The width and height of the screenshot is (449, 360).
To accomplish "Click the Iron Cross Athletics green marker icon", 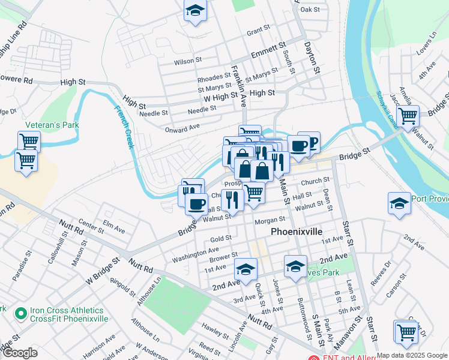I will [20, 313].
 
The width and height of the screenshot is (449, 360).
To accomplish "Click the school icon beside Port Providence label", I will [399, 203].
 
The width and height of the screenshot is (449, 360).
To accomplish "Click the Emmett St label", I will [267, 52].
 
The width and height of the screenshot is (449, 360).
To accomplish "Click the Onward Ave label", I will [182, 128].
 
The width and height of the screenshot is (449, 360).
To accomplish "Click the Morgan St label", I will [269, 221].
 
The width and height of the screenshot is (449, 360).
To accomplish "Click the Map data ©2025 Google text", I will [412, 355].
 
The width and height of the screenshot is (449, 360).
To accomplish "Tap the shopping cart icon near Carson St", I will [406, 331].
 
